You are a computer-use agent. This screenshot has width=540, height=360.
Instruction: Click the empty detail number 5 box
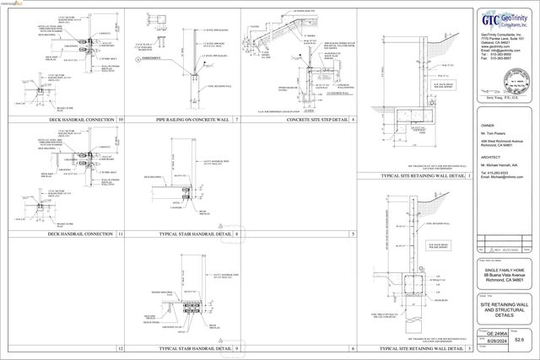tap(353, 234)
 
